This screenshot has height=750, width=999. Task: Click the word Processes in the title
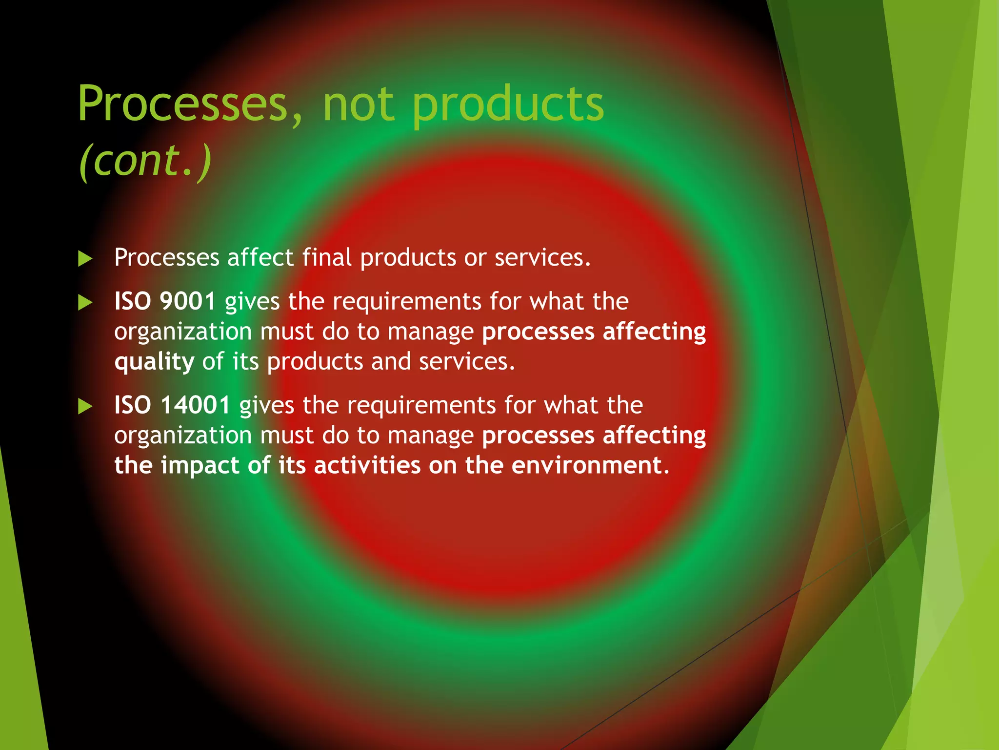[x=183, y=104]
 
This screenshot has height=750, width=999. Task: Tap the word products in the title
[x=508, y=104]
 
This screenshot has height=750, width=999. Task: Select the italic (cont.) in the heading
[x=145, y=161]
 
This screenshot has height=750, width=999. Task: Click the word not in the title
[x=358, y=104]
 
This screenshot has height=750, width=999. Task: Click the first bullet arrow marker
[x=85, y=259]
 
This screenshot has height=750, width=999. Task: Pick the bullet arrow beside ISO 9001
[x=85, y=303]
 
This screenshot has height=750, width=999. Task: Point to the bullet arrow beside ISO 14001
[x=85, y=406]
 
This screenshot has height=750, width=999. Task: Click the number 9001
[x=188, y=301]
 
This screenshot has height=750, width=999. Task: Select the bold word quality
[x=154, y=362]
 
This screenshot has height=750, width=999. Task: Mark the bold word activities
[x=367, y=465]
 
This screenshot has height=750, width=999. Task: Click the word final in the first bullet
[x=326, y=257]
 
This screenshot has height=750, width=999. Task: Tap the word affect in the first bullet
[x=260, y=257]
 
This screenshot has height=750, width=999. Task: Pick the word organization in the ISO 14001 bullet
[x=183, y=436]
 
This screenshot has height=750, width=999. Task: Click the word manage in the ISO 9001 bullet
[x=430, y=332]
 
